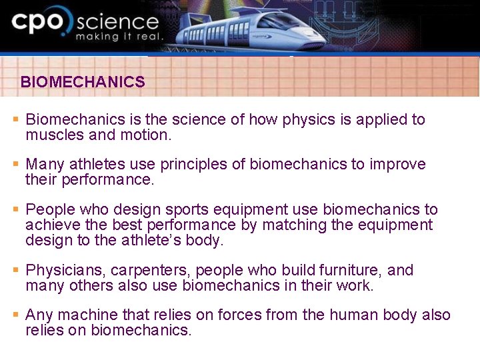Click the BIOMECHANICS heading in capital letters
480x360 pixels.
83,82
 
